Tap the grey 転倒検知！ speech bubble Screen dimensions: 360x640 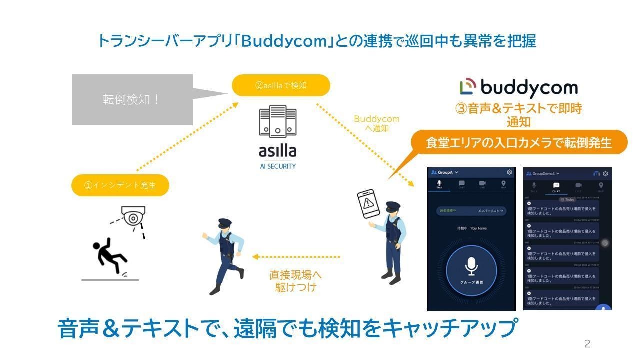[x=132, y=99]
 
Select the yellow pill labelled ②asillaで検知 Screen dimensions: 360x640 [x=281, y=85]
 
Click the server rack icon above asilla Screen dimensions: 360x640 [x=277, y=122]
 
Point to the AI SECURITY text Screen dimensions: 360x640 [x=277, y=166]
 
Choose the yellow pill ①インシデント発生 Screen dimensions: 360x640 [x=120, y=185]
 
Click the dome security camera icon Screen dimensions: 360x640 [x=133, y=216]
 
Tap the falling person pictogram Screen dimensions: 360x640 [x=110, y=256]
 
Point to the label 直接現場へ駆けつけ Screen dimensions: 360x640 [x=295, y=281]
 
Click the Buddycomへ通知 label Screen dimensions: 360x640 [x=377, y=123]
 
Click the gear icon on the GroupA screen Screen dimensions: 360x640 [x=509, y=172]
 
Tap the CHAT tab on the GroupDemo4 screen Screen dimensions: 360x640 [x=556, y=187]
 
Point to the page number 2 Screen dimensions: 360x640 [x=587, y=344]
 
